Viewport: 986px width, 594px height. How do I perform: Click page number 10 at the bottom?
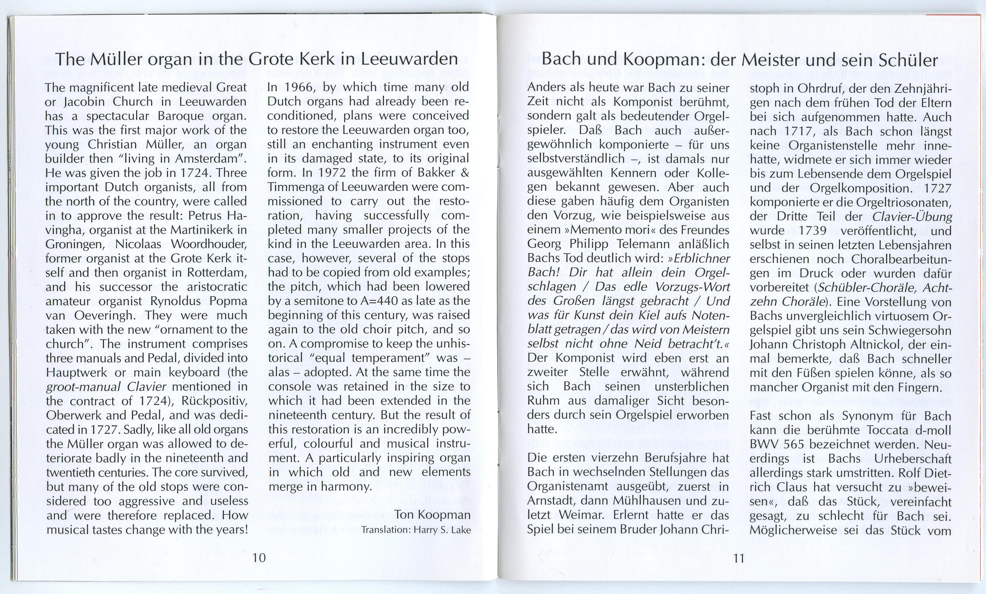point(259,557)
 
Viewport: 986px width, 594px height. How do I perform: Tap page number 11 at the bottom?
point(739,558)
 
